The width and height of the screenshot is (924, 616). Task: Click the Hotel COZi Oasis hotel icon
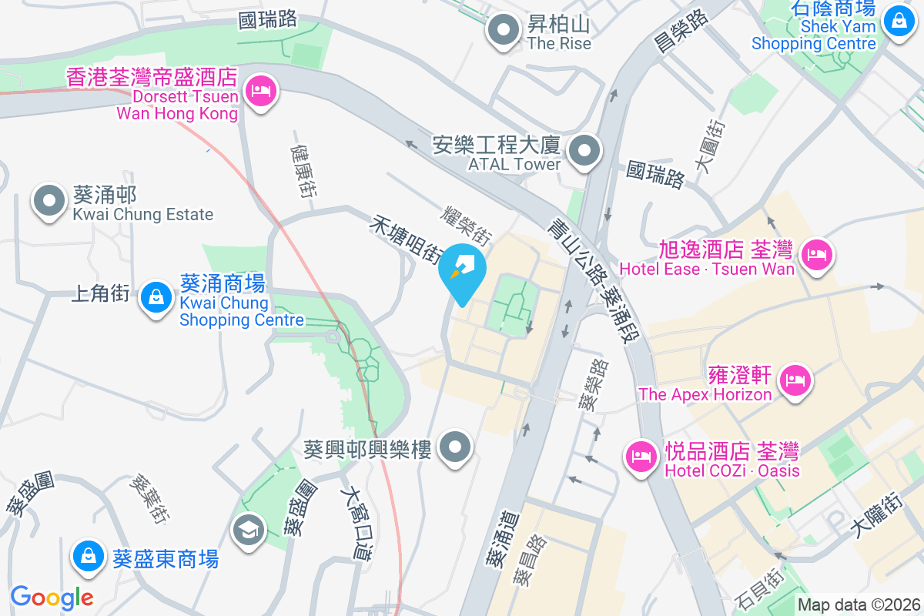(x=641, y=456)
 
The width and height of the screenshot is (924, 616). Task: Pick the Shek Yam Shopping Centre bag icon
(x=899, y=20)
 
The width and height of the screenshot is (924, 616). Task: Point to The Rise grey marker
(x=504, y=31)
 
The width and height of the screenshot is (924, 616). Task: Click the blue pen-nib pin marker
(x=463, y=270)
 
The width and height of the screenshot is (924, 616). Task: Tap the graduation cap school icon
(x=250, y=530)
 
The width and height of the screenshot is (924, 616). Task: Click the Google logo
(x=52, y=597)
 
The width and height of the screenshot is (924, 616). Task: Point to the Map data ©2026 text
(x=858, y=605)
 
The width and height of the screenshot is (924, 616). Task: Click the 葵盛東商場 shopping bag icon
(x=88, y=557)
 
